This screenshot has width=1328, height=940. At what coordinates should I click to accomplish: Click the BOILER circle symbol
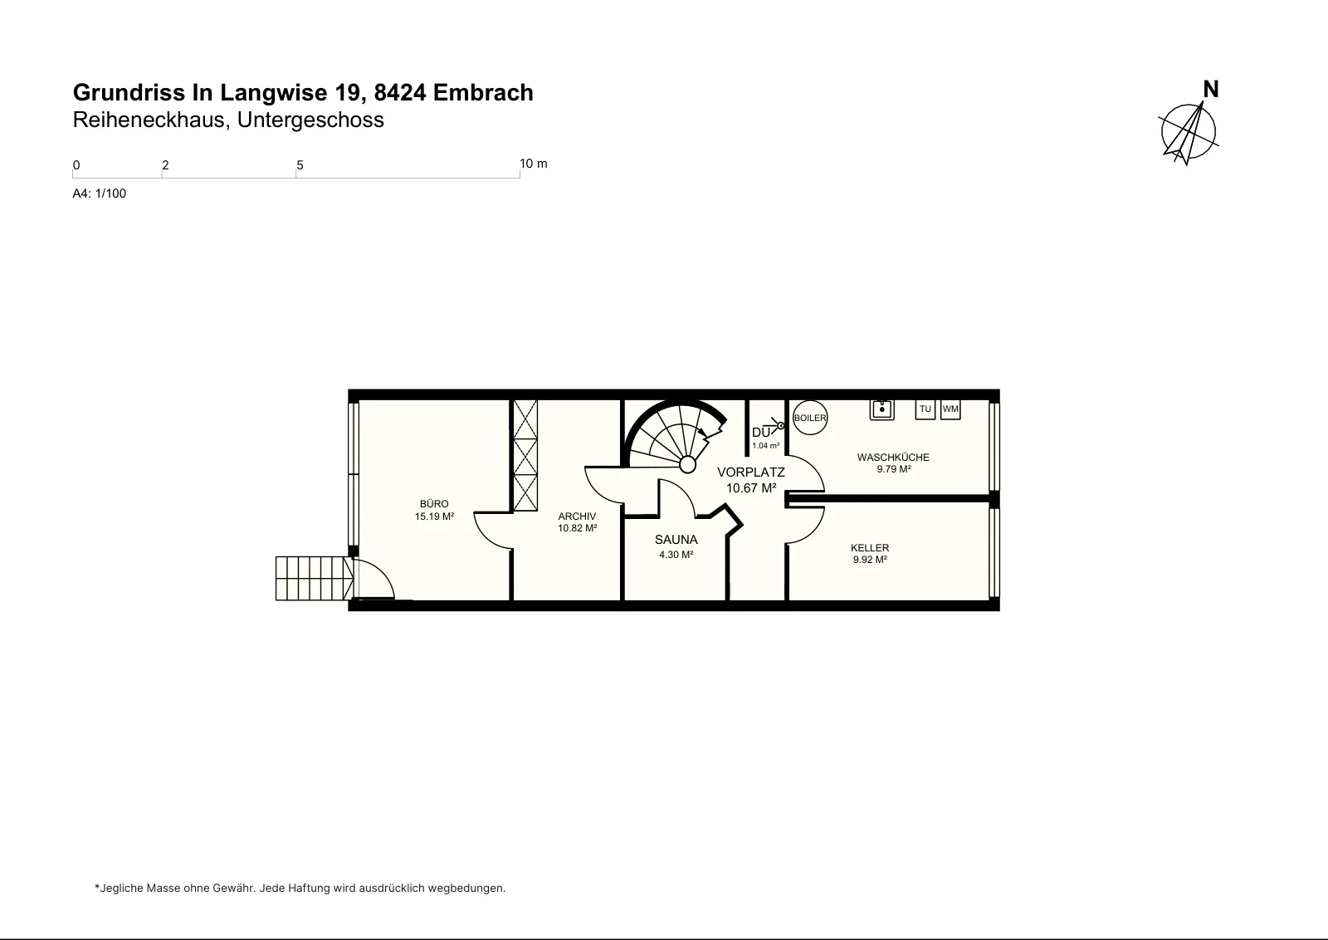tap(810, 418)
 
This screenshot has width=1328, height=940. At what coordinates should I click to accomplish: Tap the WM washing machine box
tap(950, 409)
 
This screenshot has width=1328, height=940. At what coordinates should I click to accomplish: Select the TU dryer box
tap(925, 409)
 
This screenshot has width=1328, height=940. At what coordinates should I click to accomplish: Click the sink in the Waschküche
tap(881, 409)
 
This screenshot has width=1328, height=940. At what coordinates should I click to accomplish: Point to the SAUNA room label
tap(676, 540)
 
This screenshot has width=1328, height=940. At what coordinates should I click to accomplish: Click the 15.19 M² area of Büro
tap(435, 517)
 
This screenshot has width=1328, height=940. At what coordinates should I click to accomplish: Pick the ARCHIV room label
tap(577, 517)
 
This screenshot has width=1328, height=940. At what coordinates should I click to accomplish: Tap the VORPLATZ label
tap(751, 472)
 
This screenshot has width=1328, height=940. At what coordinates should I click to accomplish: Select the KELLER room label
tap(870, 548)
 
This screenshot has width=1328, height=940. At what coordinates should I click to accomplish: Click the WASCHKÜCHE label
tap(893, 458)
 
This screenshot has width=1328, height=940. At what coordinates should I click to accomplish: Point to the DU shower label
tap(761, 433)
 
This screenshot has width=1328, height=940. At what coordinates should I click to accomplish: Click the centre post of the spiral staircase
tap(688, 464)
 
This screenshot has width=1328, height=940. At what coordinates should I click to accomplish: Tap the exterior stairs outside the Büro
tap(315, 578)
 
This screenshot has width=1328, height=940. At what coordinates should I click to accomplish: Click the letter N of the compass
tap(1211, 90)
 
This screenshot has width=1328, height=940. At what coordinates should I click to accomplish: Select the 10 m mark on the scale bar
tap(534, 164)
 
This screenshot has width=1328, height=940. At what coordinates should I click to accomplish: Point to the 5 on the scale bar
tap(300, 165)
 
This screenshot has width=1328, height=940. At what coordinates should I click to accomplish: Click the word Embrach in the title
tap(483, 92)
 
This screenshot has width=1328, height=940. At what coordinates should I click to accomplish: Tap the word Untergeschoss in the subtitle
tap(310, 120)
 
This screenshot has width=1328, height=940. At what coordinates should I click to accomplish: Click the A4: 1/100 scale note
tap(99, 193)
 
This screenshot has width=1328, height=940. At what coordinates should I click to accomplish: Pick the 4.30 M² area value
tap(676, 555)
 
